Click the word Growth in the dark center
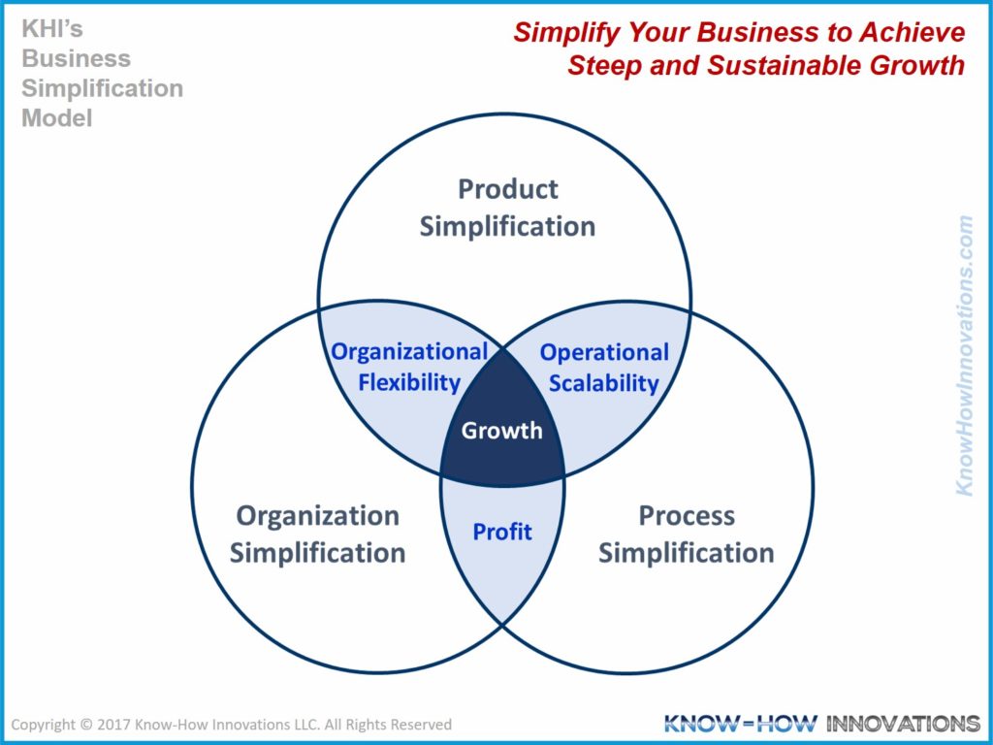pyautogui.click(x=501, y=430)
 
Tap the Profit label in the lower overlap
pyautogui.click(x=502, y=532)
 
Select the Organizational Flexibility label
pyautogui.click(x=409, y=367)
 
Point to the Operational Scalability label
pyautogui.click(x=603, y=368)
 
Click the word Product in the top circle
pyautogui.click(x=508, y=188)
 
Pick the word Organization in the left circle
pyautogui.click(x=317, y=515)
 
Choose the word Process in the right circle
pyautogui.click(x=686, y=515)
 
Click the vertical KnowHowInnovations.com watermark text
pyautogui.click(x=964, y=355)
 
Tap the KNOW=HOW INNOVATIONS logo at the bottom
pyautogui.click(x=821, y=724)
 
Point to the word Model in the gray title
pyautogui.click(x=57, y=118)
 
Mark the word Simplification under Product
pyautogui.click(x=507, y=226)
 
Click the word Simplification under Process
pyautogui.click(x=686, y=553)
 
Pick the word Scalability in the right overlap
pyautogui.click(x=603, y=383)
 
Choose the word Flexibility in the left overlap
pyautogui.click(x=409, y=382)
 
